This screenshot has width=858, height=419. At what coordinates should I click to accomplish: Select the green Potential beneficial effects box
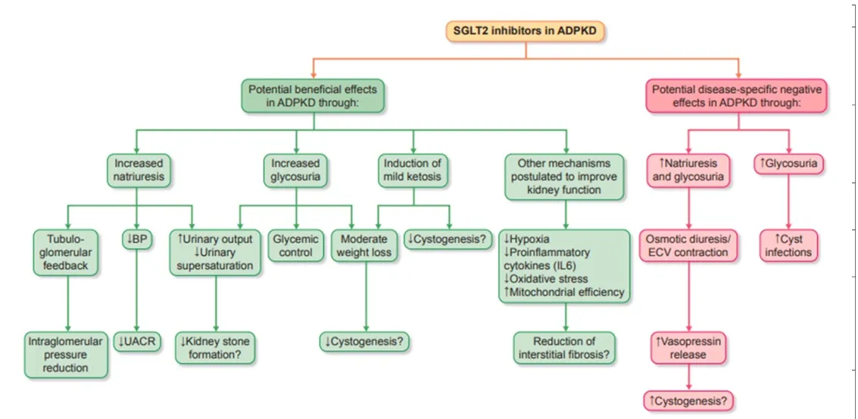pyautogui.click(x=312, y=97)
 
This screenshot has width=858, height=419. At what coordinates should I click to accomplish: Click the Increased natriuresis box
pyautogui.click(x=139, y=170)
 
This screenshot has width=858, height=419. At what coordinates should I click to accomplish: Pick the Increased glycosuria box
pyautogui.click(x=295, y=170)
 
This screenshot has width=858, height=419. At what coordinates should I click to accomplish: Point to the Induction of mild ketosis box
pyautogui.click(x=413, y=170)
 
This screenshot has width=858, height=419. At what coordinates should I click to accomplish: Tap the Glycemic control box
pyautogui.click(x=295, y=245)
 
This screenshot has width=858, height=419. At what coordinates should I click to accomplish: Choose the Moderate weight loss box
pyautogui.click(x=366, y=245)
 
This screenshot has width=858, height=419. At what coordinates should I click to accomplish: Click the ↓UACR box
pyautogui.click(x=137, y=342)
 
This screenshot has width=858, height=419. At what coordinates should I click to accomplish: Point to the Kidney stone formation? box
pyautogui.click(x=216, y=349)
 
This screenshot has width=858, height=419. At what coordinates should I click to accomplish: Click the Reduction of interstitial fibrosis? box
pyautogui.click(x=564, y=349)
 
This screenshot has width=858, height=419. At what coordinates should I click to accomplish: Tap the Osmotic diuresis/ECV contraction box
pyautogui.click(x=687, y=245)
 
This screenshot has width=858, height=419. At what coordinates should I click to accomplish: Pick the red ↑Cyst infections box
pyautogui.click(x=788, y=245)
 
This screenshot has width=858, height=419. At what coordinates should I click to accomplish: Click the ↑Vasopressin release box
pyautogui.click(x=687, y=347)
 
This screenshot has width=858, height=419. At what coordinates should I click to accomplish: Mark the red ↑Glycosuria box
pyautogui.click(x=788, y=163)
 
